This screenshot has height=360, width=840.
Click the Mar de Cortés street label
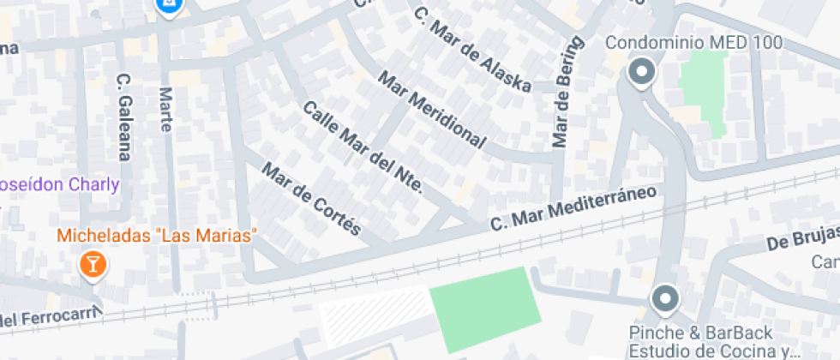(313, 199)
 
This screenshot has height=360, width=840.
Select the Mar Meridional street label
(432, 111)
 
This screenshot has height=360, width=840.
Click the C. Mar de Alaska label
(471, 50)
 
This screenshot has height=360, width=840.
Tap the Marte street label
(165, 109)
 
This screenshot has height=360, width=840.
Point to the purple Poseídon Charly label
(58, 184)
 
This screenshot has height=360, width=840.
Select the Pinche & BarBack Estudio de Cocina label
(700, 341)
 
